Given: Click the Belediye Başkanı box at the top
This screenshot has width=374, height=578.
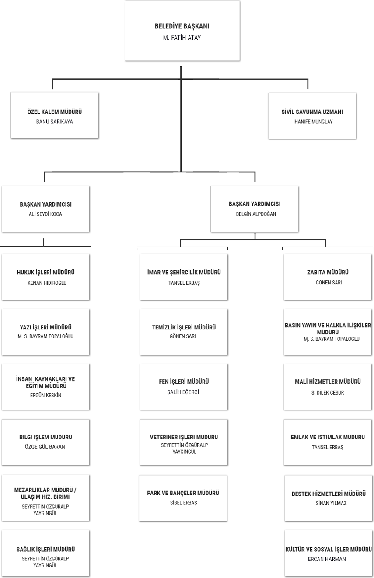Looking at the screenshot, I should click(182, 31).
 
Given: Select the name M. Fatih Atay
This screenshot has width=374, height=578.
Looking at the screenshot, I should click(182, 38).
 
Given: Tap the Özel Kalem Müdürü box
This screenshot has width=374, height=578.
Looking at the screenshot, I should click(54, 116).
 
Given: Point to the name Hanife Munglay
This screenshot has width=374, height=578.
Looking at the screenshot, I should click(313, 122).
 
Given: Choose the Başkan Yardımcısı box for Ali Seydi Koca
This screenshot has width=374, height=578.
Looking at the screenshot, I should click(46, 209).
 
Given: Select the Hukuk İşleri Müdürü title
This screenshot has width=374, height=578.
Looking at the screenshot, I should click(46, 272).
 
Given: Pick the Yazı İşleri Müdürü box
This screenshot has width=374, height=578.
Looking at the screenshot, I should click(46, 332).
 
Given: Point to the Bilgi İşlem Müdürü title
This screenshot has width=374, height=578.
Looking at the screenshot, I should click(46, 437).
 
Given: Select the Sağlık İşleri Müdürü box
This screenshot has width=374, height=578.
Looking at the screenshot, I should click(46, 553).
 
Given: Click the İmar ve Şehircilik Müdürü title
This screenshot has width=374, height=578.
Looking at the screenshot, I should click(184, 272).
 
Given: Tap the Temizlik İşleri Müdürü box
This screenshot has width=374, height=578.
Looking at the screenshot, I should click(184, 332).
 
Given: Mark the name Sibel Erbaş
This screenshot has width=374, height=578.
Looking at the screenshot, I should click(184, 503).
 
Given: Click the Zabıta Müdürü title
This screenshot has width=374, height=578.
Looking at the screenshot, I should click(328, 272).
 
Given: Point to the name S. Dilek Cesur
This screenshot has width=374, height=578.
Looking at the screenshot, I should click(328, 393).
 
